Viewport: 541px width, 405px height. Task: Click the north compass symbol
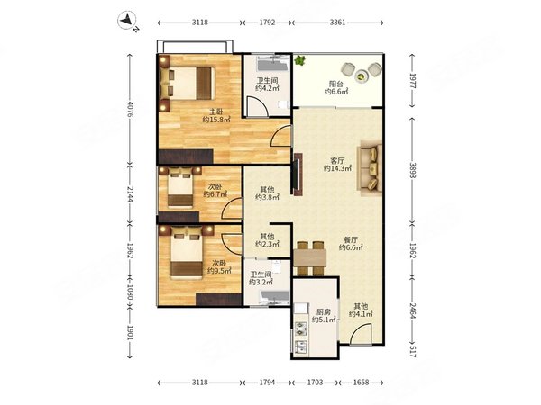(x=128, y=21)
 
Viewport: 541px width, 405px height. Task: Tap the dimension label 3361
(x=337, y=22)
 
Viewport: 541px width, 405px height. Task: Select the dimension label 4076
(x=130, y=109)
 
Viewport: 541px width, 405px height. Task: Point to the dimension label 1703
(x=315, y=382)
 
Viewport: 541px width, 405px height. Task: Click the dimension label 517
(x=413, y=351)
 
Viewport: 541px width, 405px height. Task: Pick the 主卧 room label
(x=216, y=112)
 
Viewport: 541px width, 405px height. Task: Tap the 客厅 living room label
(x=337, y=160)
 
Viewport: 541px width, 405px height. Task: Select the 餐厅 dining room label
(x=351, y=239)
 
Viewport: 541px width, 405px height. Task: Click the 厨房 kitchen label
(x=324, y=312)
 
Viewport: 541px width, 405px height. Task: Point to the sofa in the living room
(x=370, y=168)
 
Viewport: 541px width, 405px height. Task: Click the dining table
(x=310, y=258)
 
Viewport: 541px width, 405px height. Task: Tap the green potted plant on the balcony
(x=299, y=60)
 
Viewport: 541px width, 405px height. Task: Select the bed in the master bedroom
(x=188, y=83)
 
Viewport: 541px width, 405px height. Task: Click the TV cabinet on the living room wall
(x=298, y=175)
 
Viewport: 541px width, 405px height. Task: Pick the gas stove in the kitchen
(x=300, y=328)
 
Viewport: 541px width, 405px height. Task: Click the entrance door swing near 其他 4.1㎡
(x=361, y=333)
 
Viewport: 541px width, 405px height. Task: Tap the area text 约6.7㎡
(x=215, y=194)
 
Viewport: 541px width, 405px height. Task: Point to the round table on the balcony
(x=362, y=76)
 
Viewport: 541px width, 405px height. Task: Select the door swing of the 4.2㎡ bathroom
(x=258, y=106)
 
